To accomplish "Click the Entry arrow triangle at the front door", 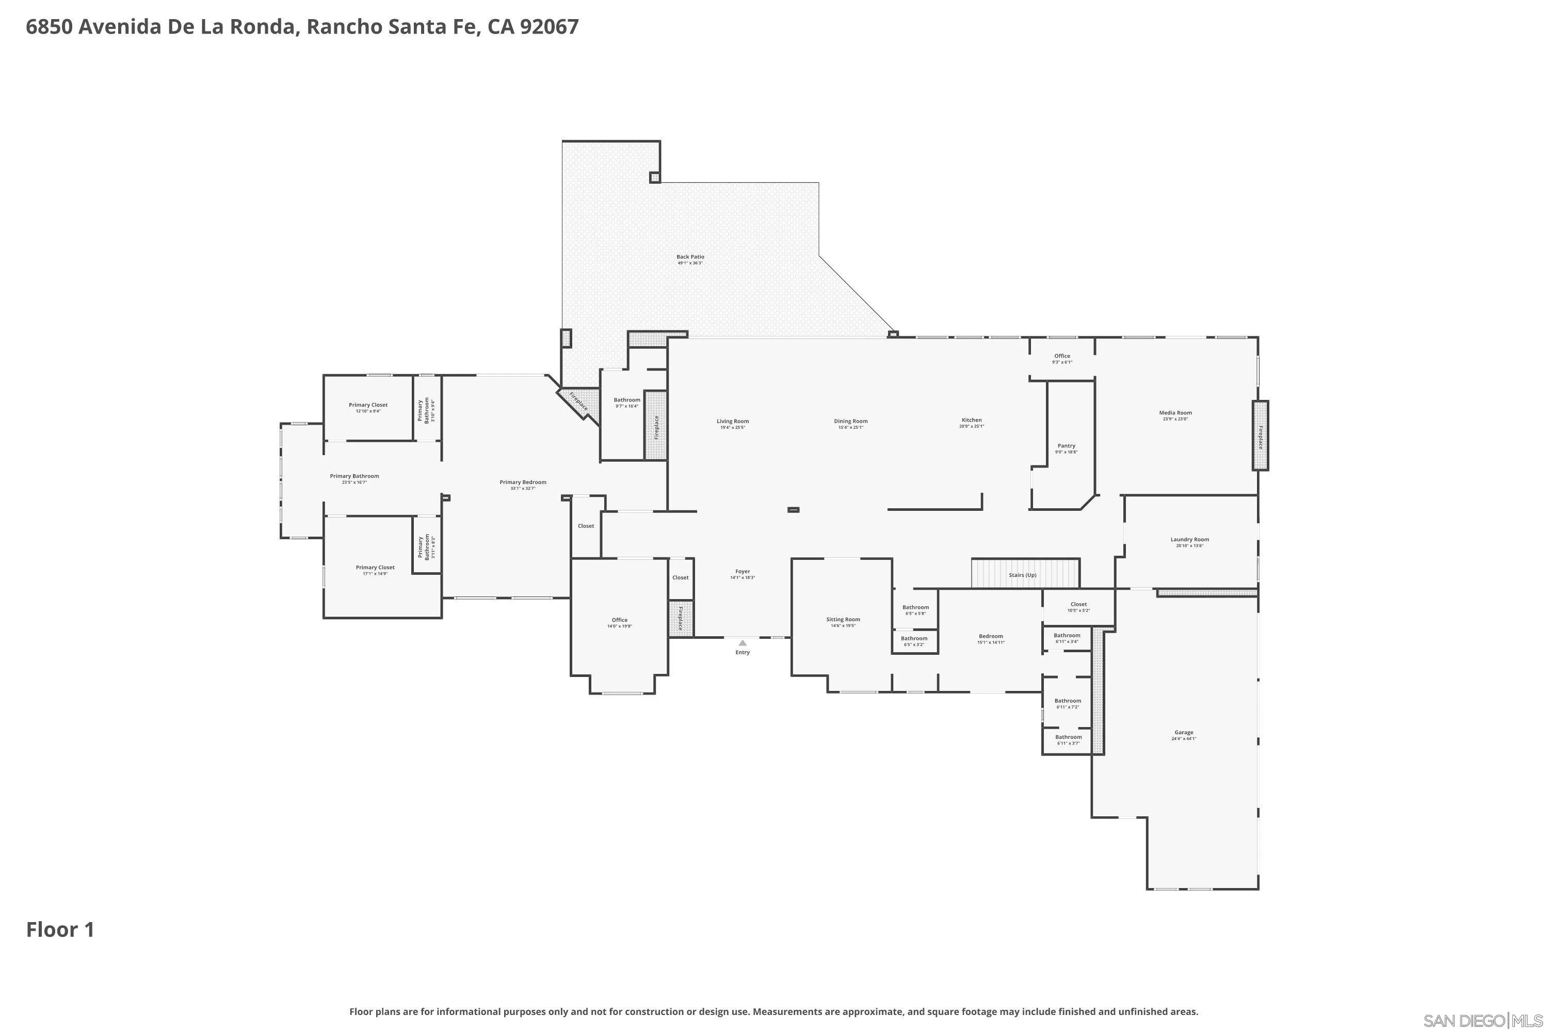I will [x=743, y=643].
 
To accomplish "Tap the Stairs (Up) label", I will [x=1022, y=575].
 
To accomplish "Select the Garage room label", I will [x=1183, y=733].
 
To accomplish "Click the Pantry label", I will [x=1066, y=446].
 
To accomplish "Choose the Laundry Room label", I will [x=1189, y=540].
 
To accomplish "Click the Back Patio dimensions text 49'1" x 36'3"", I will [x=690, y=263].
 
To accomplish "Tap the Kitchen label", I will [x=972, y=420].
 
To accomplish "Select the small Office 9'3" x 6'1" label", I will [x=1061, y=356].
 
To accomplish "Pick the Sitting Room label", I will [x=843, y=619].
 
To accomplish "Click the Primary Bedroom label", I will [x=523, y=482].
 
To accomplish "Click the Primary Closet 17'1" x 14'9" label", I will [x=375, y=567].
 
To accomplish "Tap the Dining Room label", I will [x=850, y=421].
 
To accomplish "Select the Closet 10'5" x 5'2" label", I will [x=1078, y=604].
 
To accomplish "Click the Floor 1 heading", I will [x=60, y=930].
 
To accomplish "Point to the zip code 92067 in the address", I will [x=549, y=27].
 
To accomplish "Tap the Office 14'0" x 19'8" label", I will [x=619, y=620].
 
